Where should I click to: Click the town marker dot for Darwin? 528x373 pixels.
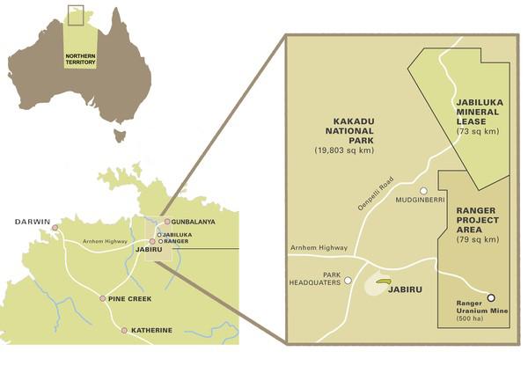point(55,227)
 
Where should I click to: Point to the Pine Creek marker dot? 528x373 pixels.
point(103,299)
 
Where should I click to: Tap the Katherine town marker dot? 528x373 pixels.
point(124,330)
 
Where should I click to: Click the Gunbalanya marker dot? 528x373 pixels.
point(167,222)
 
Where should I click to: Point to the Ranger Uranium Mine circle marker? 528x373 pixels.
point(491,297)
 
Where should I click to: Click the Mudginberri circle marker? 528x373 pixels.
point(423,191)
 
